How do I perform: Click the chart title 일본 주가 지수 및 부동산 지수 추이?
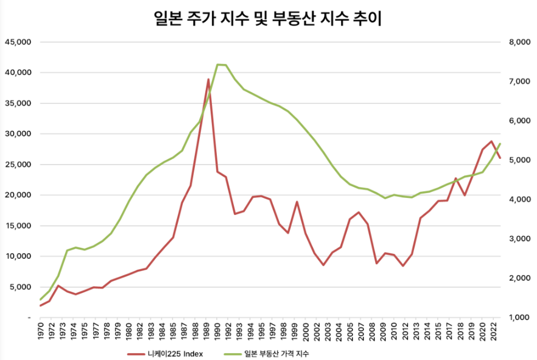(x=267, y=19)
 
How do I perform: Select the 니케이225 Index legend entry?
(x=166, y=354)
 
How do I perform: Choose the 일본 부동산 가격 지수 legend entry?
(x=267, y=354)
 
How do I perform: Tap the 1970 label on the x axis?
(x=40, y=331)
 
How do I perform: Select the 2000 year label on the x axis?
(x=306, y=331)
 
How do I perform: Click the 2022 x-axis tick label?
(x=494, y=331)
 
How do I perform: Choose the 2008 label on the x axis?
(x=372, y=331)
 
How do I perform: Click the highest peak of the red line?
(x=208, y=79)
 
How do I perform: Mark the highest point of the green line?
(x=217, y=65)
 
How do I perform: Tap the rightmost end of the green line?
(x=500, y=144)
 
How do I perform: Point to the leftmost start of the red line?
(x=40, y=306)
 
